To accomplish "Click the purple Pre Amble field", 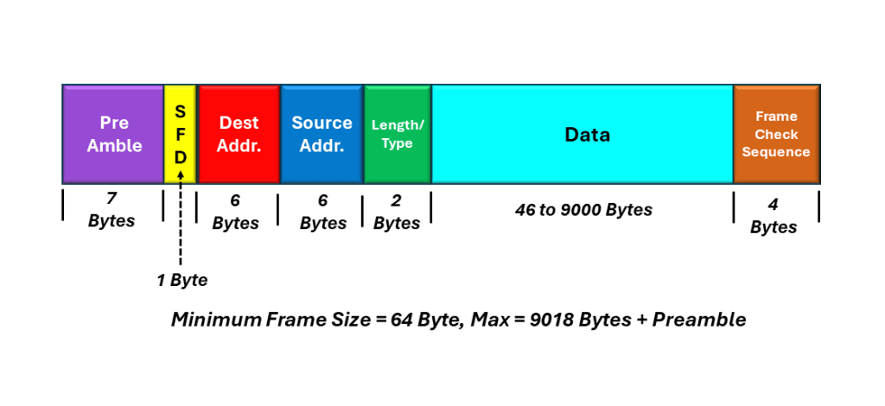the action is [x=113, y=134].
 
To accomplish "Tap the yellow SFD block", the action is [x=180, y=134].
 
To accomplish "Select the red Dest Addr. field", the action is [x=239, y=134].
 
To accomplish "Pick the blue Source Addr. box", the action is [x=322, y=134].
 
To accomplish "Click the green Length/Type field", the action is [x=398, y=134].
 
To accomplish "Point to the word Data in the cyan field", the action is [x=588, y=135].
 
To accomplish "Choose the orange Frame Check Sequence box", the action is [x=776, y=134].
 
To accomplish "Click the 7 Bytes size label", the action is [x=111, y=210].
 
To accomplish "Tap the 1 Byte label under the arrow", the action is [x=182, y=280].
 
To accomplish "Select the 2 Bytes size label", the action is [x=397, y=213].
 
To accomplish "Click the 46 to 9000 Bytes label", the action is [x=583, y=210].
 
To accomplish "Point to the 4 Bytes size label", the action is [x=774, y=217].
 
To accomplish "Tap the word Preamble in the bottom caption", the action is [x=699, y=320].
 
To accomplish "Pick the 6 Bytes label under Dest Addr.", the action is [x=235, y=213].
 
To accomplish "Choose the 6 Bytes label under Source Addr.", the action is [x=323, y=213].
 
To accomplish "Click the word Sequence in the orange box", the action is [x=776, y=152].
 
